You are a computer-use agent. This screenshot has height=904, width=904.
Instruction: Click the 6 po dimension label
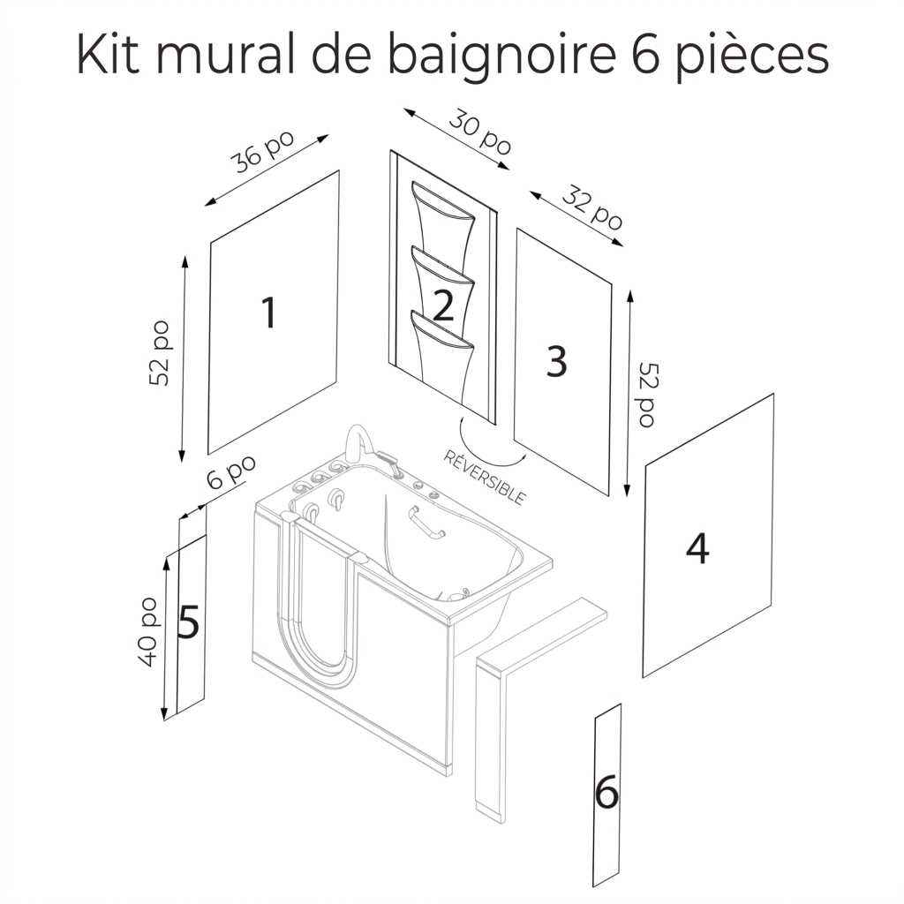(230, 471)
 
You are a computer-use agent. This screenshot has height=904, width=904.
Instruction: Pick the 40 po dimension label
(148, 632)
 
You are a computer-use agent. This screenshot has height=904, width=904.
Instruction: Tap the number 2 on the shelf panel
(443, 305)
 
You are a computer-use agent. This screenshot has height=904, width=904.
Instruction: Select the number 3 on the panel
(556, 361)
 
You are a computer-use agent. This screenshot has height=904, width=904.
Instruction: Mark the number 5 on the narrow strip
(189, 622)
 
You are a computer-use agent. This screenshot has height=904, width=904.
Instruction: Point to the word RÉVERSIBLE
(485, 478)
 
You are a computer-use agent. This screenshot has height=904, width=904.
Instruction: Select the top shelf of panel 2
(443, 202)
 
